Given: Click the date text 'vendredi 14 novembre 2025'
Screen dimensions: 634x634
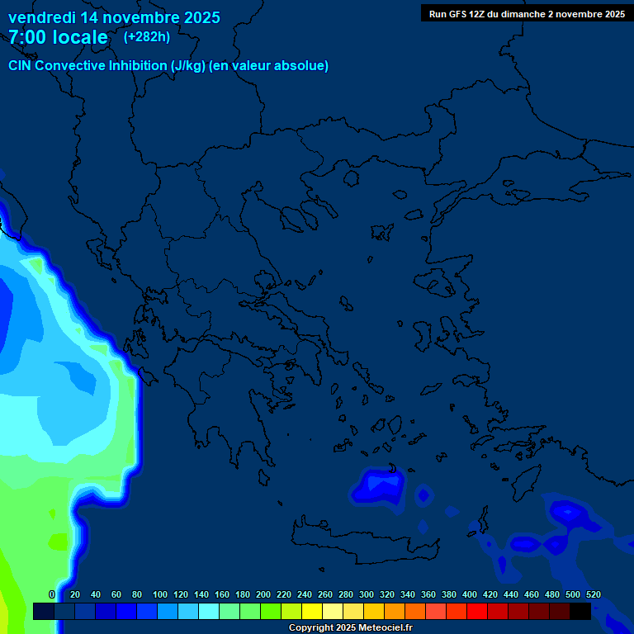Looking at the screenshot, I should click(x=114, y=17).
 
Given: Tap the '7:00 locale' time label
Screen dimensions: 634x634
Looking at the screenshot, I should click(x=58, y=37).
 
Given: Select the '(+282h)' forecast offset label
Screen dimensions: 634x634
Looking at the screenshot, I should click(x=147, y=36).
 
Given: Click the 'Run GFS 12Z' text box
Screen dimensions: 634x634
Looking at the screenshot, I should click(x=527, y=13).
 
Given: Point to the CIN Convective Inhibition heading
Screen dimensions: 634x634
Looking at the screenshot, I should click(x=168, y=66).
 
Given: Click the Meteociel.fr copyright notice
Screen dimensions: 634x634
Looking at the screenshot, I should click(x=350, y=628).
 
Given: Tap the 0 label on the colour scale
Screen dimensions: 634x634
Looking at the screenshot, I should click(x=51, y=594).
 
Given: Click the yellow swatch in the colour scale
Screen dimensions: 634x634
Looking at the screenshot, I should click(x=312, y=611).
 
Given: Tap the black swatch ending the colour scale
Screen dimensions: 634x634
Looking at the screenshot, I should click(x=580, y=611).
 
